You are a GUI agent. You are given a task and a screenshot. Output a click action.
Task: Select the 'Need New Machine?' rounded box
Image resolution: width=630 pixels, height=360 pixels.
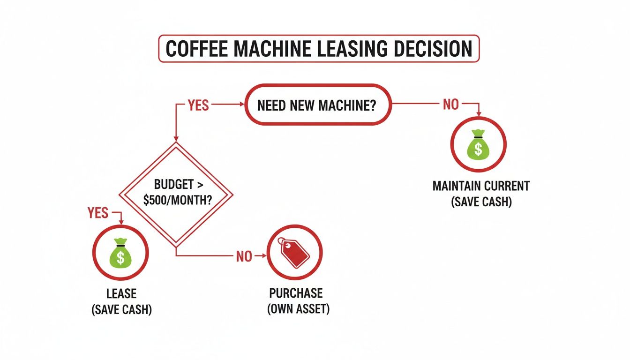point(317,105)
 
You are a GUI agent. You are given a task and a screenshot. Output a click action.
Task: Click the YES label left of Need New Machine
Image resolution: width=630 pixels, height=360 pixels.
point(198,105)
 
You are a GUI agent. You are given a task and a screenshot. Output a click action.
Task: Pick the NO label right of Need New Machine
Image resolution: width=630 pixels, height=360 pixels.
point(450,105)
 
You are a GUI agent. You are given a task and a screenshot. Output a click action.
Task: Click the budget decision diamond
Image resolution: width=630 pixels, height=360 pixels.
point(176,193)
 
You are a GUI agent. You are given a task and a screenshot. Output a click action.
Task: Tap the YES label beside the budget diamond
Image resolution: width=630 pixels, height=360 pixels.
point(98,213)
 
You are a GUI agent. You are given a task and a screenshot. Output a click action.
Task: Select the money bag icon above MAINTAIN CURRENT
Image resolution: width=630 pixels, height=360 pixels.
point(478,144)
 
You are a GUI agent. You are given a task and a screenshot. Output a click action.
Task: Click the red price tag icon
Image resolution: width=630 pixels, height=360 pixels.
point(294,253)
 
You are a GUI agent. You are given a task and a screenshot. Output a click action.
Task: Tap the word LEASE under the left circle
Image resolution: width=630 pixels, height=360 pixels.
point(121,294)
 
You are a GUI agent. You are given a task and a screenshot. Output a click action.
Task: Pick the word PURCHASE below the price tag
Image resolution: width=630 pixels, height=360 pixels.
point(296,293)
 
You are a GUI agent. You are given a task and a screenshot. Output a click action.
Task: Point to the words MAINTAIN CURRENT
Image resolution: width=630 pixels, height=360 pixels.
point(481,186)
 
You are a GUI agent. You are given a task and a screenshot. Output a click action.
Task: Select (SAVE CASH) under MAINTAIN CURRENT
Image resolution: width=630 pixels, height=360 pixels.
point(481,202)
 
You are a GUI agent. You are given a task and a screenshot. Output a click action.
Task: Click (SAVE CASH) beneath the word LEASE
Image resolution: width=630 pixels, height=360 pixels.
point(121,310)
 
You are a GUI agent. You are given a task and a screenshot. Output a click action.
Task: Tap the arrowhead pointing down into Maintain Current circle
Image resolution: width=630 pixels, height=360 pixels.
point(478,114)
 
